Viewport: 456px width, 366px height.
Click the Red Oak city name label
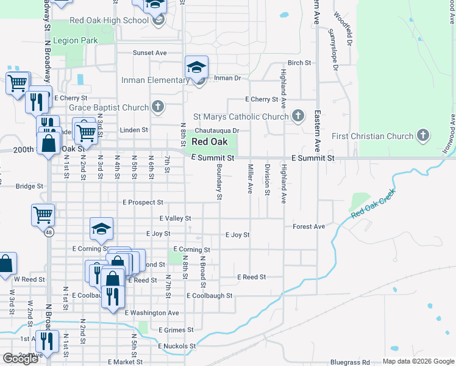tap(209, 142)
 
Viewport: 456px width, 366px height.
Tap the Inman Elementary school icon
tap(197, 67)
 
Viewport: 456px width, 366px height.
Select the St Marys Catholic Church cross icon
tap(298, 116)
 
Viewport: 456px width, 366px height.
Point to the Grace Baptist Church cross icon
tap(158, 107)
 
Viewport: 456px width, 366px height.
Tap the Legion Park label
tap(76, 41)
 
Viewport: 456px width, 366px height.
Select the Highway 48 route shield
tap(48, 232)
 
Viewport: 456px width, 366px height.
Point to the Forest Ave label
tap(308, 226)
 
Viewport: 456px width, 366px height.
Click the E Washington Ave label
tap(152, 313)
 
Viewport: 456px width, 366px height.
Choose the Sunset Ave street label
tap(150, 53)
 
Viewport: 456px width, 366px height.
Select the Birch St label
tap(299, 63)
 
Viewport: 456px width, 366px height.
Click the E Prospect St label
tap(143, 202)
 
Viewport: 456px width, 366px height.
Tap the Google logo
tap(20, 359)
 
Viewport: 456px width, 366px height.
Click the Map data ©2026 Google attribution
tap(418, 361)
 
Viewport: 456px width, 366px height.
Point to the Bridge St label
tap(30, 186)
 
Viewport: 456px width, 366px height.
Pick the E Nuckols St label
tap(177, 346)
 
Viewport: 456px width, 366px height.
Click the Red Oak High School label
tap(109, 20)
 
